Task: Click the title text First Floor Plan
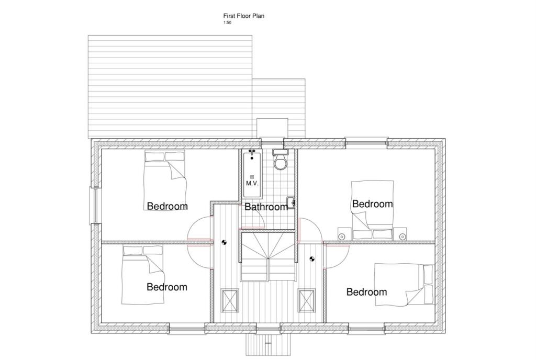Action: point(244,16)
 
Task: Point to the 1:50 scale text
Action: point(227,22)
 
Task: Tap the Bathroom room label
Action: point(266,207)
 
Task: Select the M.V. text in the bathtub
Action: point(252,184)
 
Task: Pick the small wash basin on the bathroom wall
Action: point(291,201)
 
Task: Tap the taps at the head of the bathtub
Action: point(252,152)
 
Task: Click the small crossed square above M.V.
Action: point(252,177)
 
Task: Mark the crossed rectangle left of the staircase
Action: point(230,300)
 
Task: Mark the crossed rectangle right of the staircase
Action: point(307,300)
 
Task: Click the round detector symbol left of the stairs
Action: point(224,242)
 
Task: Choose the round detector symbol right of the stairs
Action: point(312,258)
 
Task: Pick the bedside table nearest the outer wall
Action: point(401,235)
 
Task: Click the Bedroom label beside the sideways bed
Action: point(366,292)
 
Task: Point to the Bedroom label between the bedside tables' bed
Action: point(372,204)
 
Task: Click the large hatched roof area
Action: point(170,86)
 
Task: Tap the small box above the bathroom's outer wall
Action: point(272,128)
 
